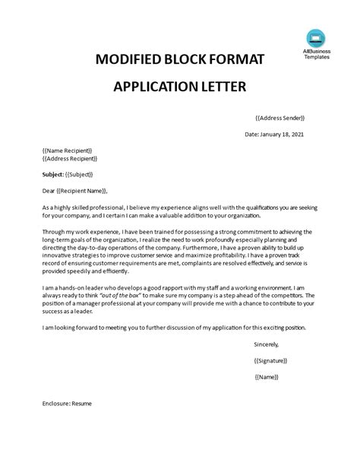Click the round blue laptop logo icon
(x=315, y=36)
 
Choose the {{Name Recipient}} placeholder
(x=68, y=151)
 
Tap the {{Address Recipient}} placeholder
(x=72, y=159)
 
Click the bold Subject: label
(x=56, y=174)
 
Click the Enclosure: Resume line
(x=68, y=404)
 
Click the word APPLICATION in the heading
(x=151, y=86)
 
